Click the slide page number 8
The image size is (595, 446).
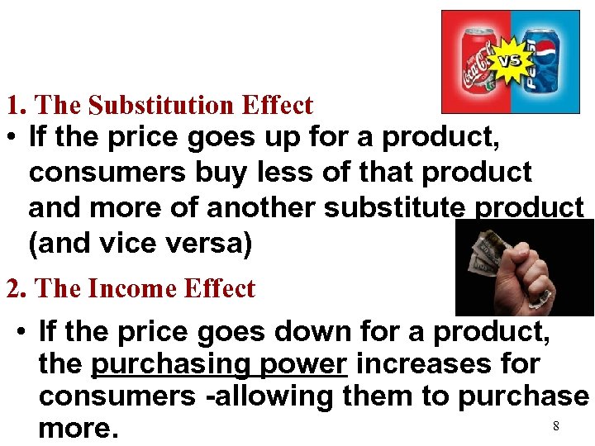(556, 425)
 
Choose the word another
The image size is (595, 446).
(261, 207)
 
